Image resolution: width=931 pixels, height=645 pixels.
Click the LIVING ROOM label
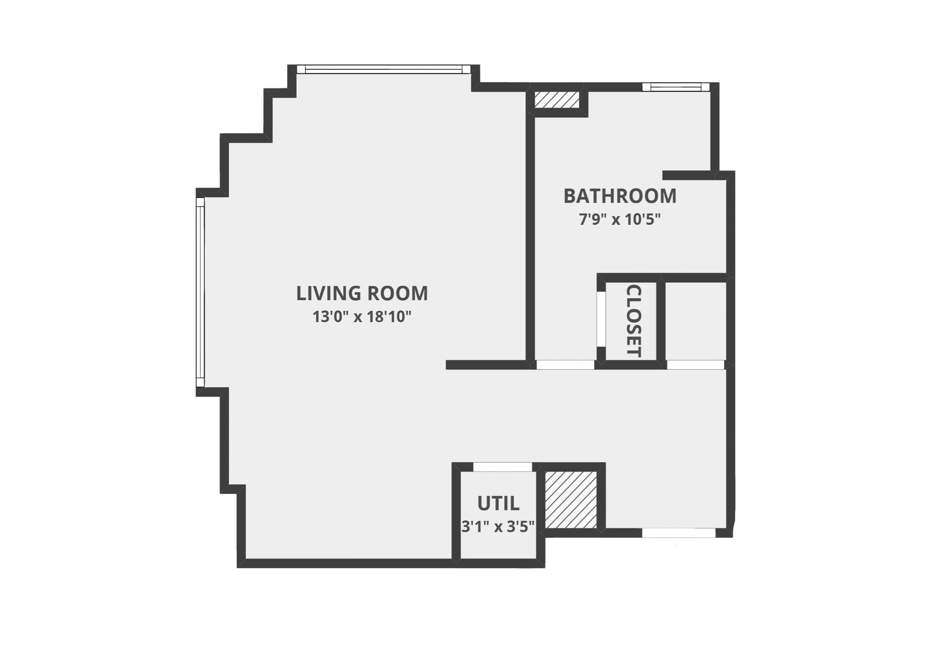(x=362, y=293)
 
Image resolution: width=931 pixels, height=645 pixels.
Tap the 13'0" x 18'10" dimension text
(x=362, y=317)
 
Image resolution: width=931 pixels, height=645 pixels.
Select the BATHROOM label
(x=620, y=196)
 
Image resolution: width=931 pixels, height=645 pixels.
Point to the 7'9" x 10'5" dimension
(x=620, y=220)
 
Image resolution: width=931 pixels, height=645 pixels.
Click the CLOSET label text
(x=634, y=321)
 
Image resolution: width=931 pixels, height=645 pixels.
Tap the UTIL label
(x=498, y=503)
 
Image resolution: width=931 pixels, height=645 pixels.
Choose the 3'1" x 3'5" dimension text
(x=498, y=526)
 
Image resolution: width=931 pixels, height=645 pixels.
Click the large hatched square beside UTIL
(x=570, y=500)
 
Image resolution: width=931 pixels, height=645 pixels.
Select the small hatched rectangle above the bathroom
(x=556, y=100)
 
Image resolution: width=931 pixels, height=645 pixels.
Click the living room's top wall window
(x=383, y=69)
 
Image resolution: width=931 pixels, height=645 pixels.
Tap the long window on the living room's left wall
(x=200, y=291)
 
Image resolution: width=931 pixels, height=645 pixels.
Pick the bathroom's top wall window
(x=676, y=87)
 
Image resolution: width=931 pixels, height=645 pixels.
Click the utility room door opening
(x=502, y=467)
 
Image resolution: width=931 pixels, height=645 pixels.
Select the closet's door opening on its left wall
(x=601, y=319)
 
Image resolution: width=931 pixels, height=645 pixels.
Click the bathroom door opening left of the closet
(x=565, y=365)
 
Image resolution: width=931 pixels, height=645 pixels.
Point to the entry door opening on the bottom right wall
(x=678, y=533)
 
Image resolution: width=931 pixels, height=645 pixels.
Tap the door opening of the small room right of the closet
(x=695, y=365)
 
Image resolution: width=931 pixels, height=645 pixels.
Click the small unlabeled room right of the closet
(x=695, y=321)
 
